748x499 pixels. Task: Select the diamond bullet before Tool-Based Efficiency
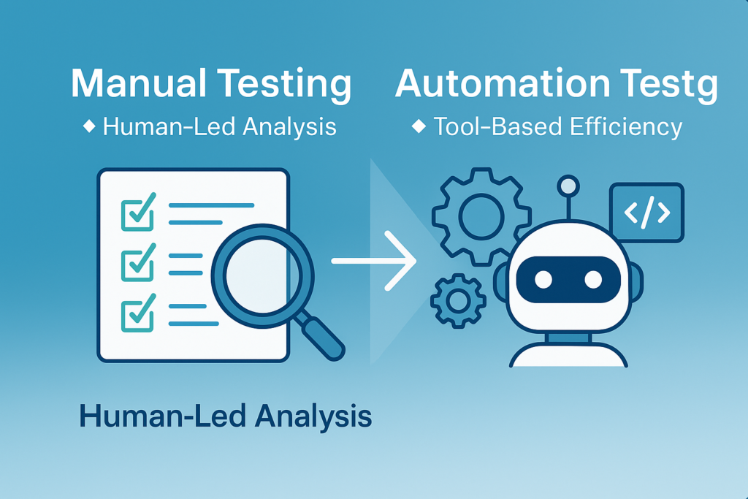coord(419,126)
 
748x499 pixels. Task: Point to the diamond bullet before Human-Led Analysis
coord(89,126)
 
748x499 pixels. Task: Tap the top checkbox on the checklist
coord(137,210)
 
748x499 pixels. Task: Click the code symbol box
coord(646,213)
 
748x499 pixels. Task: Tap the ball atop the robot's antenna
coord(567,186)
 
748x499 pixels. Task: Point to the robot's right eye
coord(592,279)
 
